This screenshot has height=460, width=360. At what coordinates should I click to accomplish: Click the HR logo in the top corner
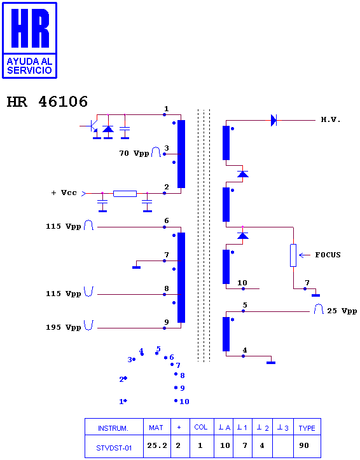[29, 40]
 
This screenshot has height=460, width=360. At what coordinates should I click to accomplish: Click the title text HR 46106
[47, 102]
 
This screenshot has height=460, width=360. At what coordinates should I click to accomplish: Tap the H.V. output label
[331, 119]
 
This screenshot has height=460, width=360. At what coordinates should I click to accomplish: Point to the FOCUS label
[328, 255]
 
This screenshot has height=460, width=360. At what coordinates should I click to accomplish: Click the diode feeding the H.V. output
[273, 120]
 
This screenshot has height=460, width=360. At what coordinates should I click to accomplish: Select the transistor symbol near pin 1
[93, 126]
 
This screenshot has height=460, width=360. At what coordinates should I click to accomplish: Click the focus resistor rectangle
[293, 255]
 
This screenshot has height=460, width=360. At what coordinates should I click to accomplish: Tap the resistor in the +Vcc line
[125, 194]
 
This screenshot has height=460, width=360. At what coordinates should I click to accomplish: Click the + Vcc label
[64, 193]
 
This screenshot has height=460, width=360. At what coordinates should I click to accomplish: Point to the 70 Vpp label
[134, 153]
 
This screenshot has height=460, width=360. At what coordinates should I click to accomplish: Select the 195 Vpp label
[63, 327]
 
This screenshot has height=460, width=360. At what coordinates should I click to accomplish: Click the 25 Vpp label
[342, 311]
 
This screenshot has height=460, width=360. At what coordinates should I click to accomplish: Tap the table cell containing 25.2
[157, 445]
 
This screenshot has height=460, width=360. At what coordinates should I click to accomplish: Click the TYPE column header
[307, 428]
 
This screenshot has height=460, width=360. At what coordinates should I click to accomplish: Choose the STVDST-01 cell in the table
[114, 448]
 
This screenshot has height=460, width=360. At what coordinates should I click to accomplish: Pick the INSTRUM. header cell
[113, 428]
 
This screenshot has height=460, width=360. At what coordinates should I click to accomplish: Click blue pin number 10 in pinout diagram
[184, 402]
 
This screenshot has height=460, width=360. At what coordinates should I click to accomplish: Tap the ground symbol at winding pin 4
[271, 363]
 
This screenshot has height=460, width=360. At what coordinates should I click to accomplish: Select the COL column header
[201, 427]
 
